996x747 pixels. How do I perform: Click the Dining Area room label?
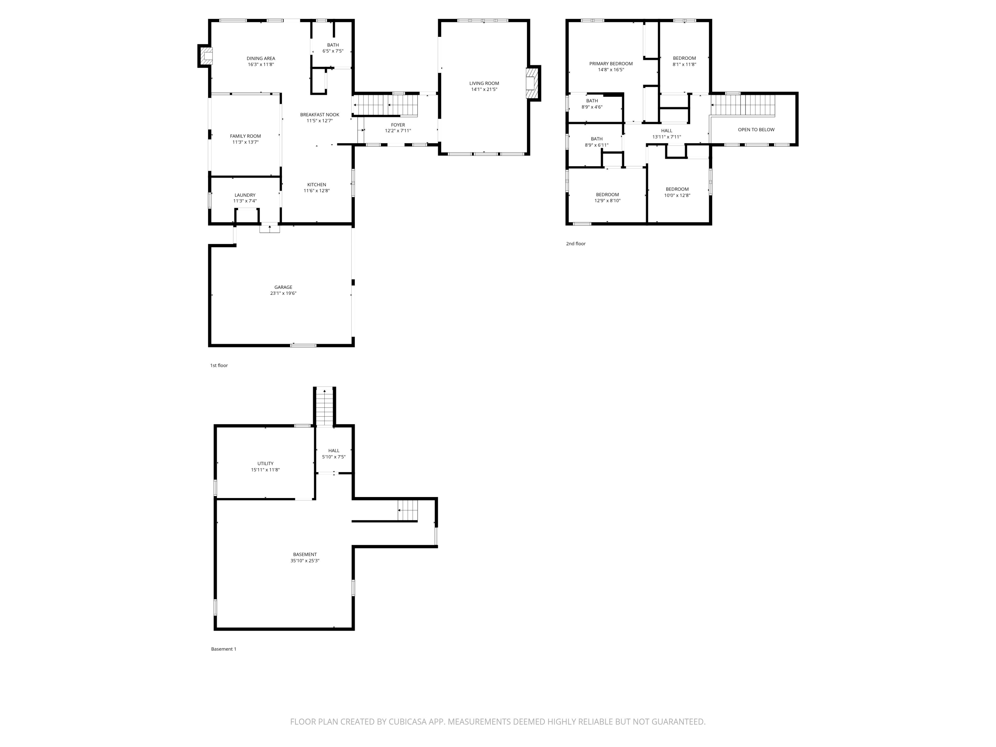pyautogui.click(x=261, y=58)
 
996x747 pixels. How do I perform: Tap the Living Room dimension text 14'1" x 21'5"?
pyautogui.click(x=484, y=90)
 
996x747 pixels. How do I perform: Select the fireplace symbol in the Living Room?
pyautogui.click(x=532, y=83)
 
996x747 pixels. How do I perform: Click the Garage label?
pyautogui.click(x=283, y=287)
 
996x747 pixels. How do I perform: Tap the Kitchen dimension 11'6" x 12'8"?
pyautogui.click(x=316, y=191)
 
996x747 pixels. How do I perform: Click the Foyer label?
pyautogui.click(x=398, y=125)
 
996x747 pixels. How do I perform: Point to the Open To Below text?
pyautogui.click(x=756, y=130)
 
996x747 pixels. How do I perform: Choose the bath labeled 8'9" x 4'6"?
pyautogui.click(x=592, y=104)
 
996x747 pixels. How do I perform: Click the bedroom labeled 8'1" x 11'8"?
pyautogui.click(x=684, y=61)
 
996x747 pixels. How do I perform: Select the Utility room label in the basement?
pyautogui.click(x=265, y=464)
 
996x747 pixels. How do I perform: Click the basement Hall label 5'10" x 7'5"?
pyautogui.click(x=334, y=454)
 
